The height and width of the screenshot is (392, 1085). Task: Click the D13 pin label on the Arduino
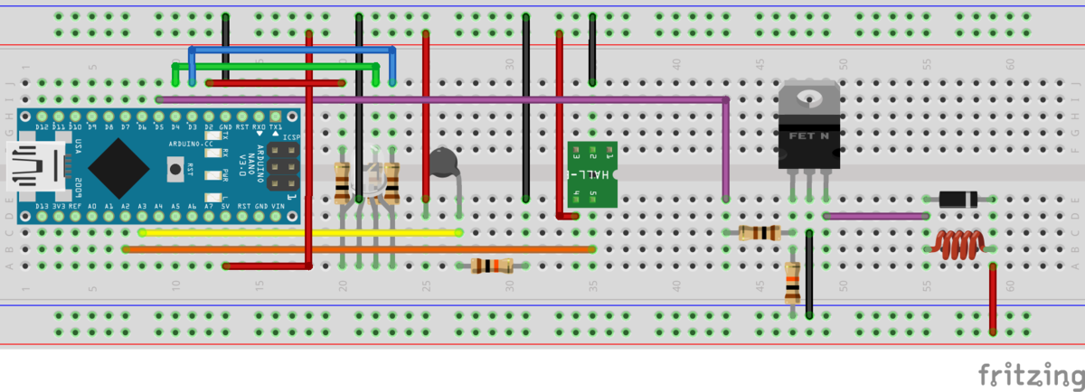42,207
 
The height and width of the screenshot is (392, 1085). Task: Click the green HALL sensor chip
591,173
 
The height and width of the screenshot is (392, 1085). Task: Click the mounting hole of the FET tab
809,95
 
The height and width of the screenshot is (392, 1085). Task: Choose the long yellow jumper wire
298,233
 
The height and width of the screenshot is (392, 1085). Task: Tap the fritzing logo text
1031,373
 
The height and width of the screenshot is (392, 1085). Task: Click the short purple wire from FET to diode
875,216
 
